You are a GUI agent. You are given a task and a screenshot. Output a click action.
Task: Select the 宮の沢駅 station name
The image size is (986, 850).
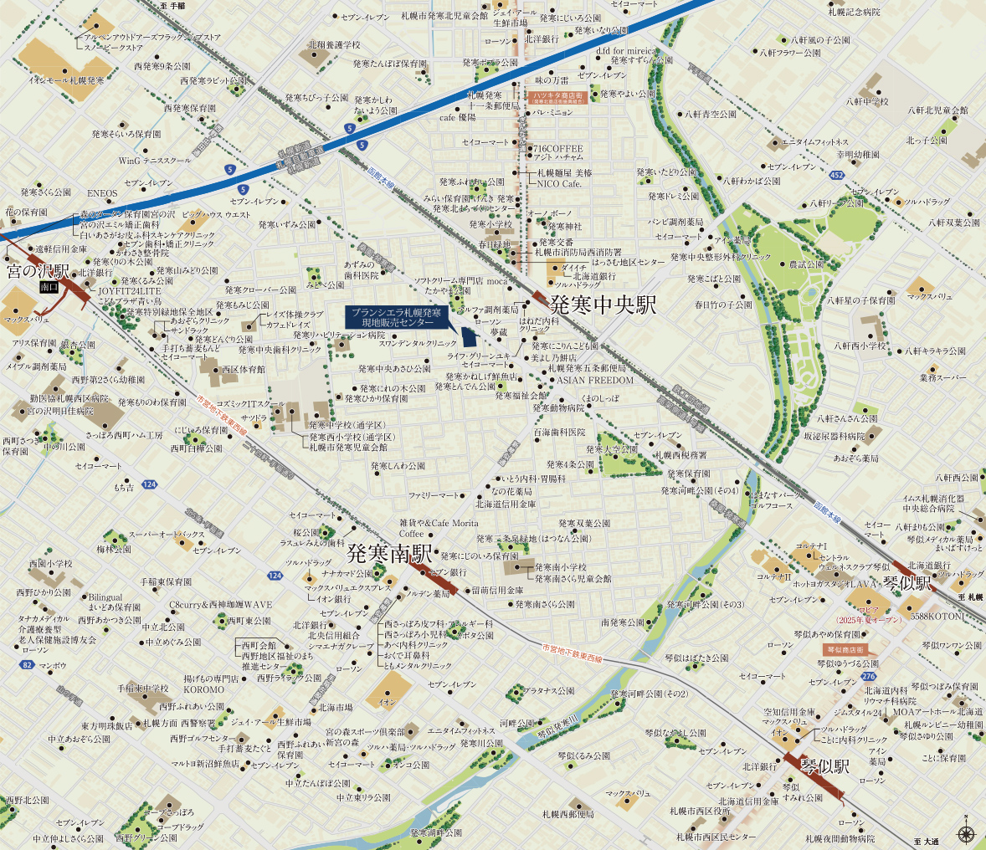point(39,271)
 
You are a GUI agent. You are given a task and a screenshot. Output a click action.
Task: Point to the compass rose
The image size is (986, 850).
point(966,833)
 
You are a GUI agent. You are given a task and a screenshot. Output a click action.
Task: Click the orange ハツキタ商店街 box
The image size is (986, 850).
point(562,98)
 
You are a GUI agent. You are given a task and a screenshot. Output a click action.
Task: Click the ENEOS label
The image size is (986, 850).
point(103,193)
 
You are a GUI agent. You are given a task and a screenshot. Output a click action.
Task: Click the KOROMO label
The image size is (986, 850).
point(204,690)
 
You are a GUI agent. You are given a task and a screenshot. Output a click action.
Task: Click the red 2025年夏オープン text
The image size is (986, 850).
point(869,620)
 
